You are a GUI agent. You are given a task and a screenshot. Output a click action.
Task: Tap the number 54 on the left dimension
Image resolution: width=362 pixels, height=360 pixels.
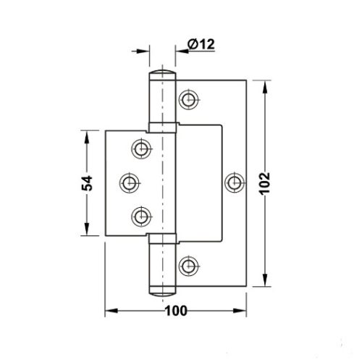(x=86, y=183)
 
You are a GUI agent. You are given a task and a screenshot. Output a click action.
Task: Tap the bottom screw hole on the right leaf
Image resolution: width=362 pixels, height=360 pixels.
(x=190, y=265)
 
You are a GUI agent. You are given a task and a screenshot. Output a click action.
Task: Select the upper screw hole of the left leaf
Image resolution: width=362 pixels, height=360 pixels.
(x=140, y=148)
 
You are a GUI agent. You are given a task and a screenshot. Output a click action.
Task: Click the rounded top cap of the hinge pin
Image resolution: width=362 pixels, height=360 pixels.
(x=164, y=76)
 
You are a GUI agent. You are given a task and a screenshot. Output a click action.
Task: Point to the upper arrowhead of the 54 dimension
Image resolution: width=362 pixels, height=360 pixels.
(x=90, y=135)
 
